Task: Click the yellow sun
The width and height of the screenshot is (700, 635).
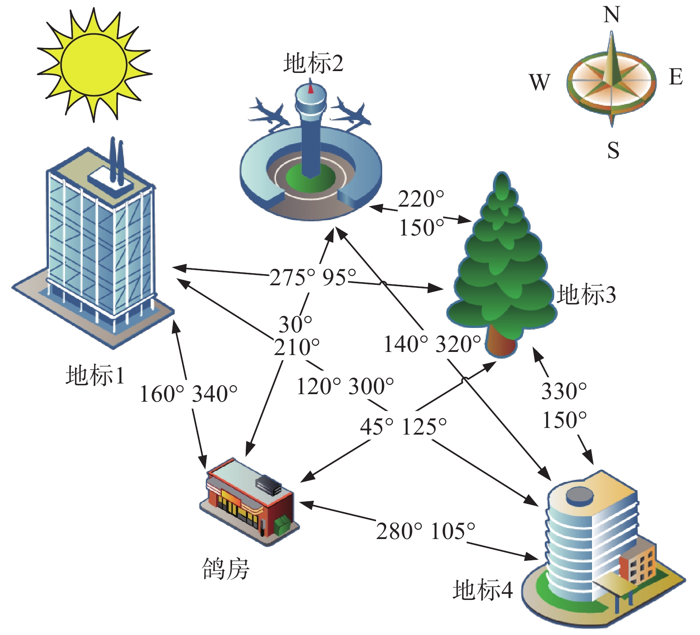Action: (x=93, y=64)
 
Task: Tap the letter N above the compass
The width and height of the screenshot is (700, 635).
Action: (x=612, y=15)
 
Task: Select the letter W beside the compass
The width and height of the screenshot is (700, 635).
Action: (x=540, y=82)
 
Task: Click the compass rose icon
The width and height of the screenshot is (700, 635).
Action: (x=612, y=80)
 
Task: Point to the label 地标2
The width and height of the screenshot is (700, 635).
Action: (x=313, y=63)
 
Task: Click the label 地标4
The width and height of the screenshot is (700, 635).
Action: (x=483, y=590)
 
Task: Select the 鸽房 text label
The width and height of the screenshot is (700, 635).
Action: (x=226, y=569)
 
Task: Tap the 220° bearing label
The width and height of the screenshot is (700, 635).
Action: (x=420, y=199)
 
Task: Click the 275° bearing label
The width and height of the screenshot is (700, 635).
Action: (x=292, y=278)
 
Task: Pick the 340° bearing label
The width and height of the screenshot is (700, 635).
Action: (x=215, y=394)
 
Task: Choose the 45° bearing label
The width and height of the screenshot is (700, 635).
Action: (x=376, y=427)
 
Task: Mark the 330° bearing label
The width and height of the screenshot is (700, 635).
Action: (x=564, y=391)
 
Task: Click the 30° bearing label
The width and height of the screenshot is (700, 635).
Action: (x=295, y=324)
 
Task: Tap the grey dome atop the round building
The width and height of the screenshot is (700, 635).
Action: (x=580, y=495)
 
